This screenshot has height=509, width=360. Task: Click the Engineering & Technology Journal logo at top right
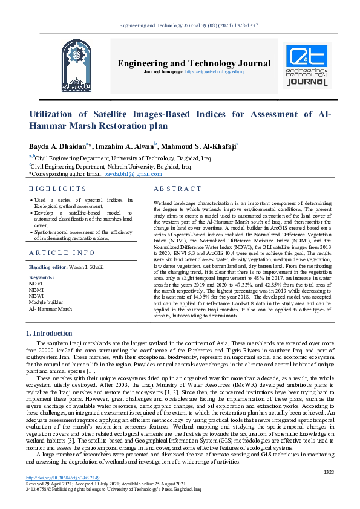tap(308, 65)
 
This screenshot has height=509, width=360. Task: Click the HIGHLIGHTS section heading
tap(57, 189)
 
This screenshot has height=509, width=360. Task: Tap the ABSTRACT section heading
tap(178, 189)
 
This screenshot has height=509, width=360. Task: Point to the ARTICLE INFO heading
tap(62, 253)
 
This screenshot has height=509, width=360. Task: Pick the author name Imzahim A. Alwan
tap(127, 146)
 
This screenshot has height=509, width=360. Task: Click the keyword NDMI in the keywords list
tap(37, 289)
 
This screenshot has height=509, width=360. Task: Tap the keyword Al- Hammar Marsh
tap(50, 308)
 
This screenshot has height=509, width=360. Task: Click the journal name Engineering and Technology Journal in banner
tap(194, 63)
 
